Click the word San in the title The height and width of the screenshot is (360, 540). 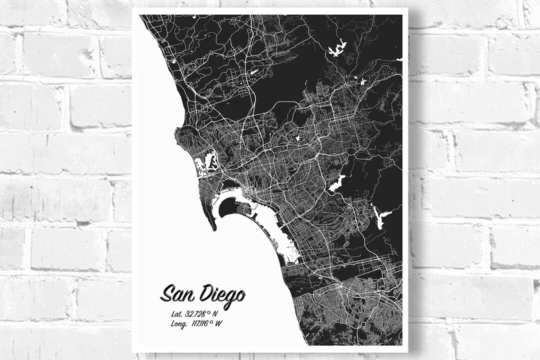pyautogui.click(x=177, y=293)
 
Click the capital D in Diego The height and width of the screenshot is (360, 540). pyautogui.click(x=206, y=292)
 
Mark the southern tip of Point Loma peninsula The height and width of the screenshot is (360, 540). pyautogui.click(x=213, y=228)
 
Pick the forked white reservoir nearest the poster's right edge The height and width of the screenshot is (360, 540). pyautogui.click(x=381, y=217)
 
